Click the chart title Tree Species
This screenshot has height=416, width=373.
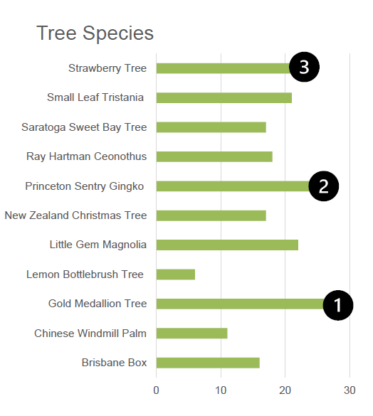(95, 33)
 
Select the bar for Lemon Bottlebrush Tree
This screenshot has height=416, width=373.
(175, 274)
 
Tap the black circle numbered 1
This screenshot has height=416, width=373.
(338, 305)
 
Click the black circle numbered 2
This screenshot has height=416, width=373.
(324, 186)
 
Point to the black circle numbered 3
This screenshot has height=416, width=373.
(304, 68)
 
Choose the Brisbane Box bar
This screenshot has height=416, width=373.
(208, 363)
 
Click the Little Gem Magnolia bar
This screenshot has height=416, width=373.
(227, 245)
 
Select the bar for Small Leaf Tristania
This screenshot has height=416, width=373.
(224, 97)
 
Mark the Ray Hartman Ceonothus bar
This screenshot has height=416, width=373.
(214, 156)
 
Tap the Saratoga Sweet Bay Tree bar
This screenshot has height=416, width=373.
(211, 127)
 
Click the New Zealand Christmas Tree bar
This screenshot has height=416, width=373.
(211, 215)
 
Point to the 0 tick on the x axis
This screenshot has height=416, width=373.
(157, 390)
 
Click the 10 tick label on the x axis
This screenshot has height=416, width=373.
(221, 390)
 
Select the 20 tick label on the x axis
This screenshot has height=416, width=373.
(285, 390)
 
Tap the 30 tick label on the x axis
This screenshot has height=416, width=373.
(350, 390)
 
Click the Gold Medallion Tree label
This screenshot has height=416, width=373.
(98, 304)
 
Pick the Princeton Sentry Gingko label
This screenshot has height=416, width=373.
(85, 186)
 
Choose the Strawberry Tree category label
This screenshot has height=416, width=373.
(107, 68)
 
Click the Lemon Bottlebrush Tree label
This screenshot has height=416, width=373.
(85, 274)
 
